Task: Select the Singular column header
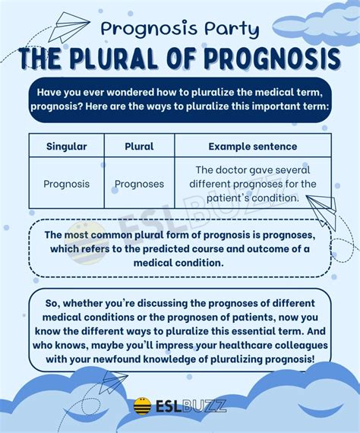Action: [x=65, y=146]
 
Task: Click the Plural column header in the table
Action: [x=138, y=146]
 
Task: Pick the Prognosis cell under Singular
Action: [x=66, y=184]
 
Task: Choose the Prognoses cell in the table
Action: [x=139, y=184]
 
